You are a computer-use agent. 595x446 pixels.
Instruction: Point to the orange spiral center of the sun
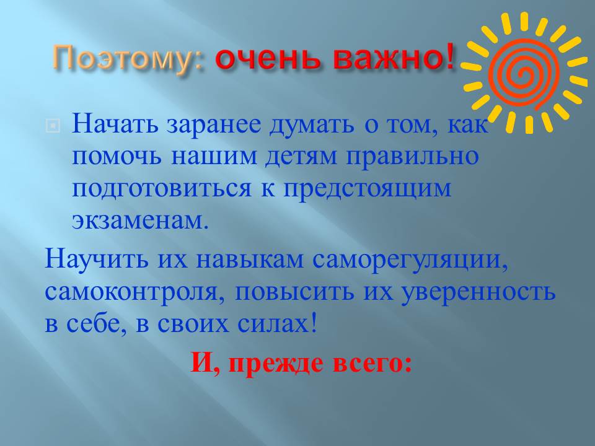coord(524,71)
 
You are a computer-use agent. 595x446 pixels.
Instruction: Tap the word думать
coord(312,126)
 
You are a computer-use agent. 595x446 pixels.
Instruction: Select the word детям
coord(301,157)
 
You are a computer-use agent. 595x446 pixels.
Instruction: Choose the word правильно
coord(412,157)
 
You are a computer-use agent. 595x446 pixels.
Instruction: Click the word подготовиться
coord(162,188)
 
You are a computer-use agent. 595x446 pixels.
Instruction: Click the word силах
coord(278,324)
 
